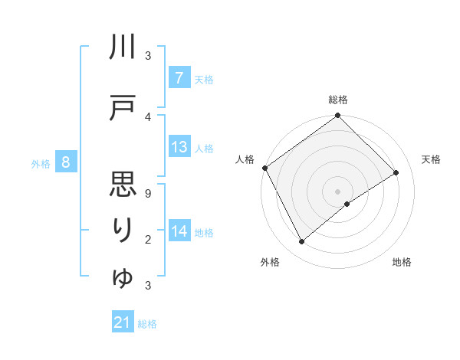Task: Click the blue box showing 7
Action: point(179,78)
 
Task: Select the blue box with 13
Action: point(179,148)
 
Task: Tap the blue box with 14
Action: point(179,232)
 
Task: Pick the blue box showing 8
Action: point(66,162)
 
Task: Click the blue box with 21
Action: point(123,322)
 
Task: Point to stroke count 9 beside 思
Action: point(148,194)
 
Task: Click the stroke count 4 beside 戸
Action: point(148,116)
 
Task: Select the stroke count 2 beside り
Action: point(148,240)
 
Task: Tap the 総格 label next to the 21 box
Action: point(147,324)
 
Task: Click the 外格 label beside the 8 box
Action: point(41,163)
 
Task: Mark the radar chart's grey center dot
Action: point(337,191)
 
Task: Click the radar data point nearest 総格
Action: point(337,116)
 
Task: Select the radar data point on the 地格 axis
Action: point(347,204)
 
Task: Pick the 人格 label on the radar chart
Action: point(245,159)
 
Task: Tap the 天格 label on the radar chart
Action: point(431,159)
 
